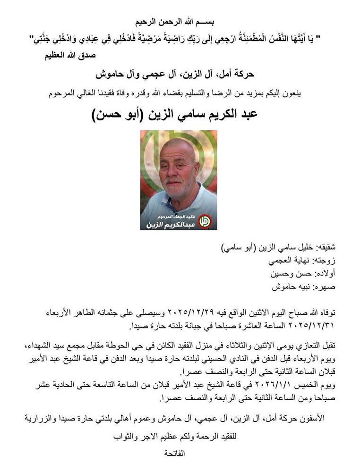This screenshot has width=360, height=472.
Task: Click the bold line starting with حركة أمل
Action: [179, 75]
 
